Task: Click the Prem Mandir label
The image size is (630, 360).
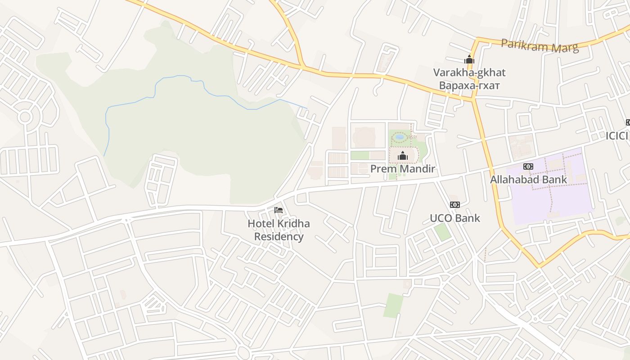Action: pos(403,169)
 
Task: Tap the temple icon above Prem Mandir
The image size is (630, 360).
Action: pos(402,156)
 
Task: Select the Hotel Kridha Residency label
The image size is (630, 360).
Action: pos(279,230)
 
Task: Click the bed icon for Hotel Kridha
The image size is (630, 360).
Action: pos(279,210)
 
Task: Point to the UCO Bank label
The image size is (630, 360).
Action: pos(455,218)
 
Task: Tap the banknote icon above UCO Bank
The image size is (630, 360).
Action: pos(455,205)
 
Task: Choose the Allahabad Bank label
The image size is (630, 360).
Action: pos(528,180)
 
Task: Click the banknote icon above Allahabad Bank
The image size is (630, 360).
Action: pos(528,166)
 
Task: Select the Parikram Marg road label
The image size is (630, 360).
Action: pos(540,46)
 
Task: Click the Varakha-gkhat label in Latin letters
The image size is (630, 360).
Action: pos(469,72)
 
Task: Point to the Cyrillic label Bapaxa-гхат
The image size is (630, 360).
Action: pos(469,85)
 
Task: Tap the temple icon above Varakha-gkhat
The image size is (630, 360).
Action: pos(469,59)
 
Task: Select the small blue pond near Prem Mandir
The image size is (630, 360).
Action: pos(400,136)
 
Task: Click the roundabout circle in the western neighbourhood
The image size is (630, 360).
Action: pos(25,117)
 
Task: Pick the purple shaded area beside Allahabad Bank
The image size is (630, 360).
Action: pos(562,202)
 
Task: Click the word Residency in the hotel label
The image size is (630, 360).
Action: pos(279,237)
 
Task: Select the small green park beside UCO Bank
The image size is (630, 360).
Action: pos(442,232)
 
